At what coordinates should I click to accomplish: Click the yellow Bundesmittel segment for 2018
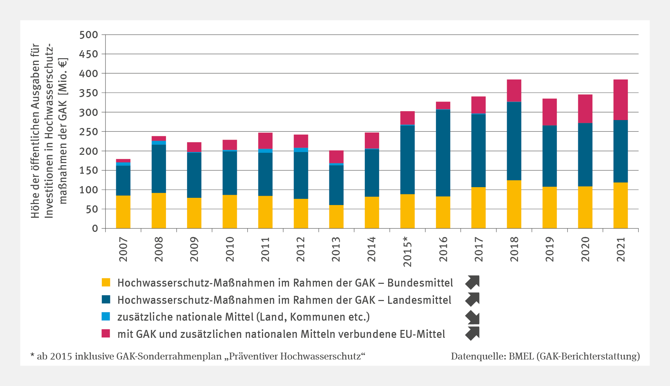(514, 204)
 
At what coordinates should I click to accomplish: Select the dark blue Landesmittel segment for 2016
(443, 153)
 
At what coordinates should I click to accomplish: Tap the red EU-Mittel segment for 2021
(620, 100)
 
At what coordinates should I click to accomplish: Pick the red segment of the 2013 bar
(336, 157)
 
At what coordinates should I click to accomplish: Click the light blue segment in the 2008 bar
(158, 142)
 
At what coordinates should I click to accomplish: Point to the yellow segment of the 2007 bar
(123, 212)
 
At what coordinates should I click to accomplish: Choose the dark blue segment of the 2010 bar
(230, 173)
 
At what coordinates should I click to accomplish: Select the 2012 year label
(300, 249)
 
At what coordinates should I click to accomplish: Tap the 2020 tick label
(585, 249)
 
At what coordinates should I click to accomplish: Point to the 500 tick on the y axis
(88, 35)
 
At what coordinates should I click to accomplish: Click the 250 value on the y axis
(88, 132)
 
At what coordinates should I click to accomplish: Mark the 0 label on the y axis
(95, 229)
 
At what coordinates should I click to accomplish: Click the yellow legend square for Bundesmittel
(106, 282)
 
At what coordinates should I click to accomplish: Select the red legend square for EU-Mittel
(106, 333)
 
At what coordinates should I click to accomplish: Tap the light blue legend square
(106, 317)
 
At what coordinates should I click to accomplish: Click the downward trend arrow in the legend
(473, 317)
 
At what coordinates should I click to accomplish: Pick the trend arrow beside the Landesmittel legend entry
(473, 299)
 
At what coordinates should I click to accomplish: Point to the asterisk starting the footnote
(33, 355)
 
